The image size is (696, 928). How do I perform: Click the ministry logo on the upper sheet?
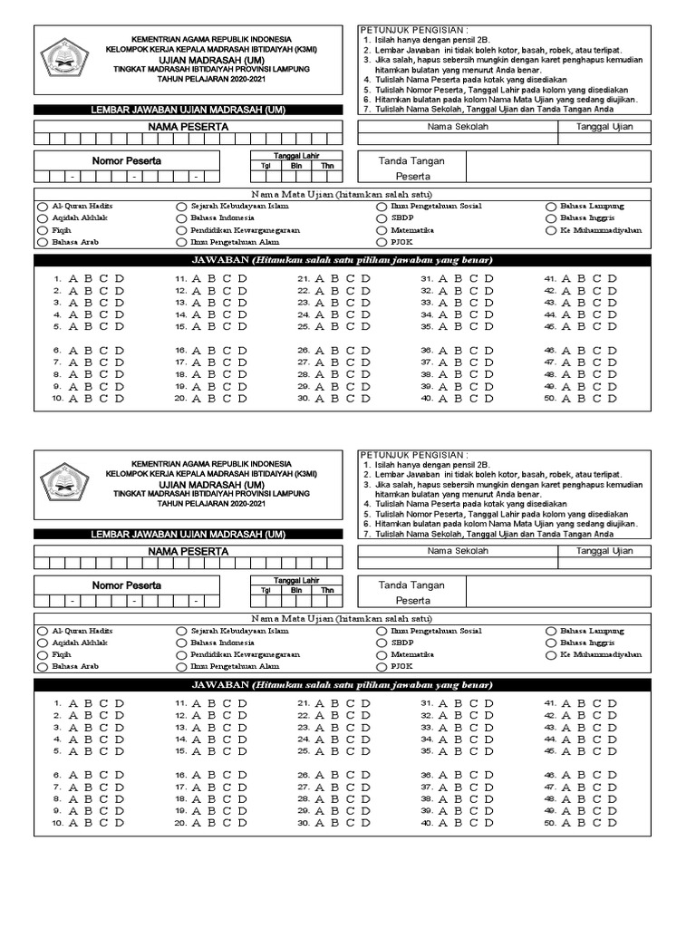tap(64, 58)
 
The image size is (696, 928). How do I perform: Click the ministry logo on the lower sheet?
tap(64, 482)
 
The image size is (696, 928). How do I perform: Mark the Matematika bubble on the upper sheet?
tap(382, 230)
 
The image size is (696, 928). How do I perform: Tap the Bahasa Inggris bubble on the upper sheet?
tap(551, 218)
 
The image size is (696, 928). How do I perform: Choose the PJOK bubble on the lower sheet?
tap(382, 666)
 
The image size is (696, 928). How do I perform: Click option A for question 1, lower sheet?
tap(72, 703)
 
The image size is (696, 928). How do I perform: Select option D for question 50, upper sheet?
tap(612, 397)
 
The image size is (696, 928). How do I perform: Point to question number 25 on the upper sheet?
tap(304, 326)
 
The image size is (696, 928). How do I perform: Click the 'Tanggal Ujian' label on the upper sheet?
tap(604, 127)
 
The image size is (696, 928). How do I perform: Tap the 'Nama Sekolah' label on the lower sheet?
tap(458, 551)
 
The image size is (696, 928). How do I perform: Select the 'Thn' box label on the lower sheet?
tap(327, 591)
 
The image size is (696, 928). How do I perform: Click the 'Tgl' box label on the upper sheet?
tap(266, 166)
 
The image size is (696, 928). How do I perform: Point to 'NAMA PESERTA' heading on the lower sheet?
tap(188, 551)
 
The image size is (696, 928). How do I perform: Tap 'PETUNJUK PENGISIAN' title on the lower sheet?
tap(415, 453)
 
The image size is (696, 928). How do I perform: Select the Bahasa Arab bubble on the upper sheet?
tap(42, 242)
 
